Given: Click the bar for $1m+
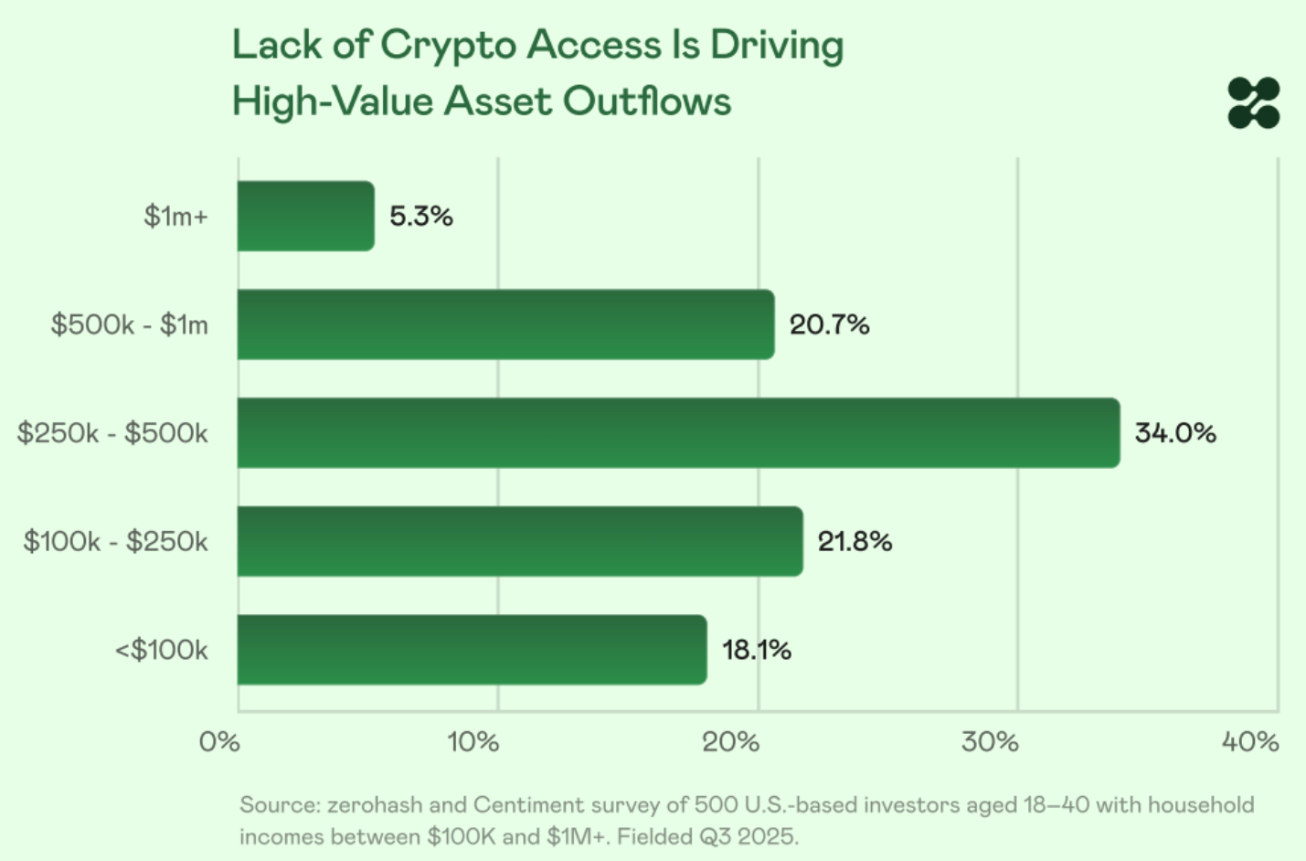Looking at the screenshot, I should pos(305,217).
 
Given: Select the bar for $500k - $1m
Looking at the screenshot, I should pos(505,324).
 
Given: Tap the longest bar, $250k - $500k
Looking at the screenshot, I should pos(678,433).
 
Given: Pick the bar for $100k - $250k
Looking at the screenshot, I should pos(519,541).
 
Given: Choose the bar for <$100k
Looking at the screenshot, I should pos(472,650).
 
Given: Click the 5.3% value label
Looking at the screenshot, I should pos(421,217).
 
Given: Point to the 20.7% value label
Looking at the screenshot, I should pos(829,324).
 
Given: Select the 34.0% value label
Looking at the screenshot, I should pos(1175,433).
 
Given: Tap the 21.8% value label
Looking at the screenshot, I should pos(855,541).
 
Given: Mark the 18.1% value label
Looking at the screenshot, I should pos(757,650).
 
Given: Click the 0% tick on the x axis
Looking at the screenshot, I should pos(219,741).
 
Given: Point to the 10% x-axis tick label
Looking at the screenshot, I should pos(473,741).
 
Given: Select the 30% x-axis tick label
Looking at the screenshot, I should pos(990,741).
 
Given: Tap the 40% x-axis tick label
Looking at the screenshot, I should pos(1249,741).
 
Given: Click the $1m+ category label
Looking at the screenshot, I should pos(175,217).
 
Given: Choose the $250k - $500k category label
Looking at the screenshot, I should pos(112,433).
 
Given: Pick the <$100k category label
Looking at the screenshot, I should pos(161,650).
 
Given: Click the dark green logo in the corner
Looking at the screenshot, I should pos(1253,102).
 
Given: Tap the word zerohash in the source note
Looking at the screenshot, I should pos(375,805).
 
